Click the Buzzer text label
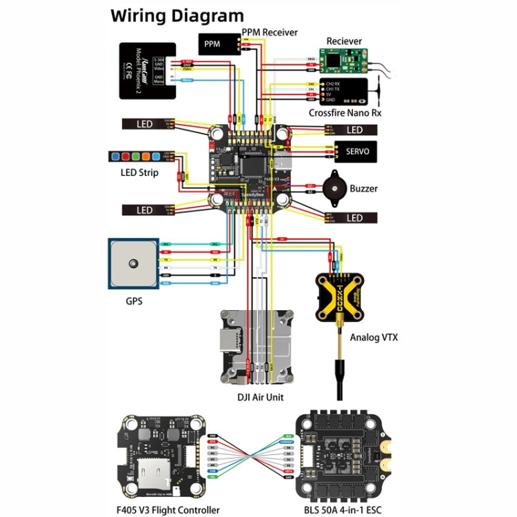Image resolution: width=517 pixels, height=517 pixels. pos(363,188)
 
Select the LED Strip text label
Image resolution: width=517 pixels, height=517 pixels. pos(139,172)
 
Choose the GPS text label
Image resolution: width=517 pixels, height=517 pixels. pos(134,301)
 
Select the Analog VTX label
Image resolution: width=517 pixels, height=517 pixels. pos(374,338)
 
